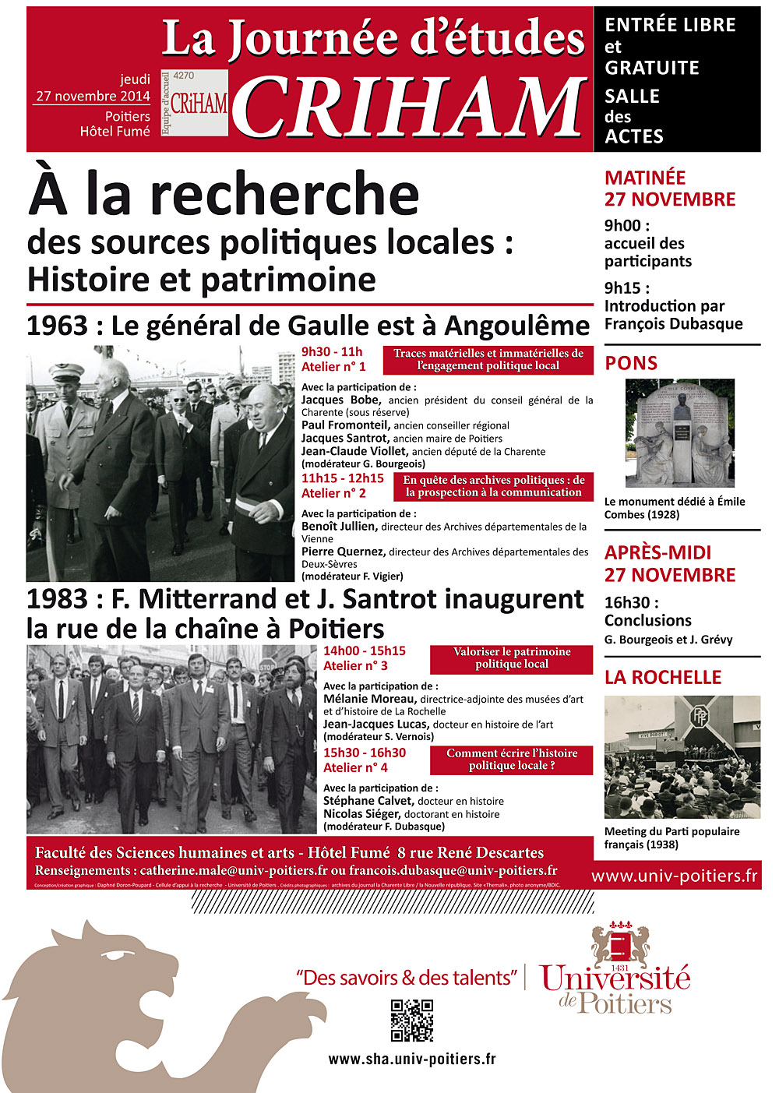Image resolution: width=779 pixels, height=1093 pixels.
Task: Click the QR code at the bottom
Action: [x=411, y=1021]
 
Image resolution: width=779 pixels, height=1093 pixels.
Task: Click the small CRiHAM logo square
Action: [x=195, y=103]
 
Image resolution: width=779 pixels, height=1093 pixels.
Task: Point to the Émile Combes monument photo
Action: [x=680, y=433]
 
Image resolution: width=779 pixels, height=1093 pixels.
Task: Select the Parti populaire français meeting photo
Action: [x=682, y=756]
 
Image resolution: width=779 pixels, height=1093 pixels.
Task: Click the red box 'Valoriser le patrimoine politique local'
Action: [x=512, y=658]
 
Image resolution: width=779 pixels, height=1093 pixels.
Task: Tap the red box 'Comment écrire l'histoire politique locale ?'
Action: [x=512, y=760]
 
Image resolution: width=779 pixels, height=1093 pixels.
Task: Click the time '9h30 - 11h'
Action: [x=332, y=352]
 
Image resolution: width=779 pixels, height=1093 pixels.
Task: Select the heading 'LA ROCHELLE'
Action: [x=663, y=678]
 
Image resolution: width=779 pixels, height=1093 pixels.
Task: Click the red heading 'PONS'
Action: [x=631, y=363]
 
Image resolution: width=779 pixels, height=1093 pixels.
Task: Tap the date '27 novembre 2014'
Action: [x=93, y=97]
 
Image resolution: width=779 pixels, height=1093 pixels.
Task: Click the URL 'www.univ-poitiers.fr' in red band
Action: [x=674, y=876]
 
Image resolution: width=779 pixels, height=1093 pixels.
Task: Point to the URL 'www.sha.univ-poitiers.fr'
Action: [x=411, y=1060]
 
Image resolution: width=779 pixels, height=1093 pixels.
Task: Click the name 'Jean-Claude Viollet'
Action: [x=354, y=451]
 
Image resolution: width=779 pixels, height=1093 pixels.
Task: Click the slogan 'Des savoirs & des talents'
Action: [x=407, y=978]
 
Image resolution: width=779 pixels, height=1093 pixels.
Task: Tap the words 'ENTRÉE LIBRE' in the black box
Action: [x=670, y=25]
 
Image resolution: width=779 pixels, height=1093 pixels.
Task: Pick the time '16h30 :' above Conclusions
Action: [x=632, y=602]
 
